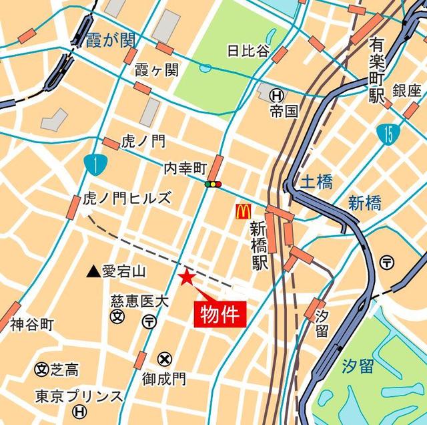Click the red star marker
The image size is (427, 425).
tap(186, 277)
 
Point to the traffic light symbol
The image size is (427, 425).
tap(213, 184)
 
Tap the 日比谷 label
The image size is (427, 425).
tap(248, 50)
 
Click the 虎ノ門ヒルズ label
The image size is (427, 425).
tap(127, 198)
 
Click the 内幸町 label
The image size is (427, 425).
tap(185, 169)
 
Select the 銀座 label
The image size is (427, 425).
tap(407, 92)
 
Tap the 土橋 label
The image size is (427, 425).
tap(316, 181)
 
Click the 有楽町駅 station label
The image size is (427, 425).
tap(378, 71)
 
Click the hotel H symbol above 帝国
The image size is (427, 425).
tap(276, 96)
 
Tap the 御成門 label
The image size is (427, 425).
tap(163, 379)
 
